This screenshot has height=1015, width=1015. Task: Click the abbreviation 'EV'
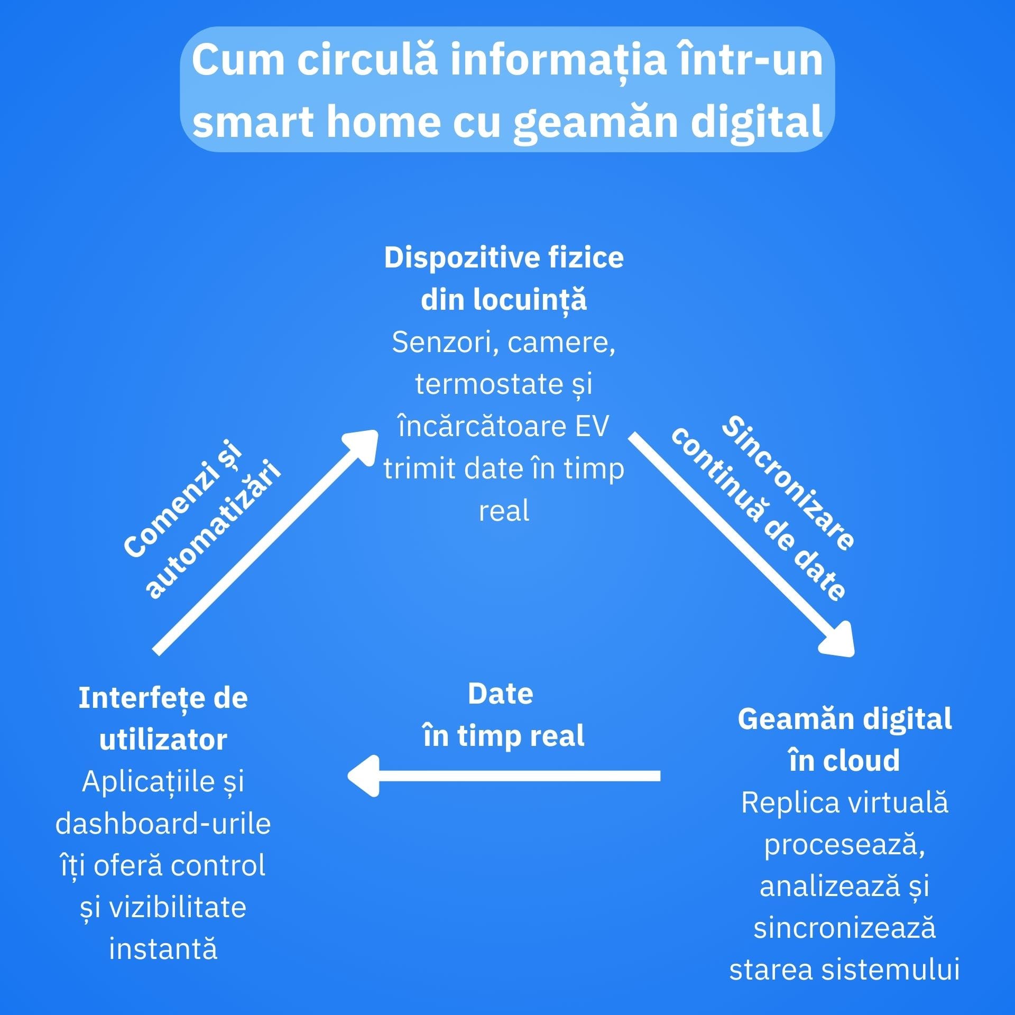[x=592, y=426]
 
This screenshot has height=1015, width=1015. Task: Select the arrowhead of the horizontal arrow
[x=364, y=776]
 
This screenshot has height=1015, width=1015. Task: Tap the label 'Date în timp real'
[x=503, y=715]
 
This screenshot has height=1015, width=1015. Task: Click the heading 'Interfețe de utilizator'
[x=163, y=718]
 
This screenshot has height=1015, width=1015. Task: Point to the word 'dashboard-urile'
[x=163, y=824]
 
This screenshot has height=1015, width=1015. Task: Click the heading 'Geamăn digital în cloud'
[x=844, y=740]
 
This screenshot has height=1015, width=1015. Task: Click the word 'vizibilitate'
[x=178, y=908]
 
